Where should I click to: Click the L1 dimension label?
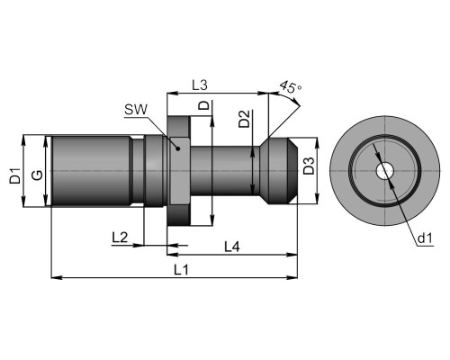pos(182,270)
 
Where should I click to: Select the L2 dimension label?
pos(120,238)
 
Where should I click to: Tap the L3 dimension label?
pos(200,85)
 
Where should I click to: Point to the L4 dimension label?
pos(232,247)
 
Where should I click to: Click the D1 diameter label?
pos(15,175)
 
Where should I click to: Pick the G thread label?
pos(38,175)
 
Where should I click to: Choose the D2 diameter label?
pos(244,119)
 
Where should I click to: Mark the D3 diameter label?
pos(309,166)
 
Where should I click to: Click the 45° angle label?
pos(290,86)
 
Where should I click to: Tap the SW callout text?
pos(136,110)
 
